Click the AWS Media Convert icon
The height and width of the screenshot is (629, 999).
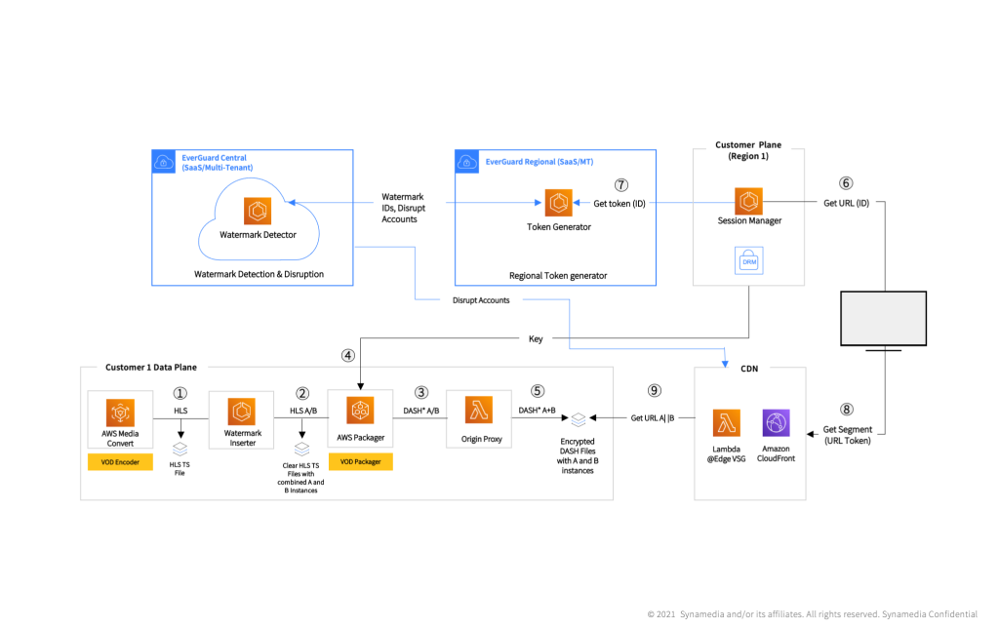(x=120, y=412)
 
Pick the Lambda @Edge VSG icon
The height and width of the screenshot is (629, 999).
(x=726, y=422)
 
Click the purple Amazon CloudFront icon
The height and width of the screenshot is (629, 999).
(x=777, y=422)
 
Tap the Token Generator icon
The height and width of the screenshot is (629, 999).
(x=559, y=204)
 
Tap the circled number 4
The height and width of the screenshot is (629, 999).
(x=348, y=356)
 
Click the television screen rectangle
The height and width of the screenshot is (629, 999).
(x=883, y=318)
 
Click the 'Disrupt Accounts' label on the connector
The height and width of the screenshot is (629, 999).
(x=481, y=300)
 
